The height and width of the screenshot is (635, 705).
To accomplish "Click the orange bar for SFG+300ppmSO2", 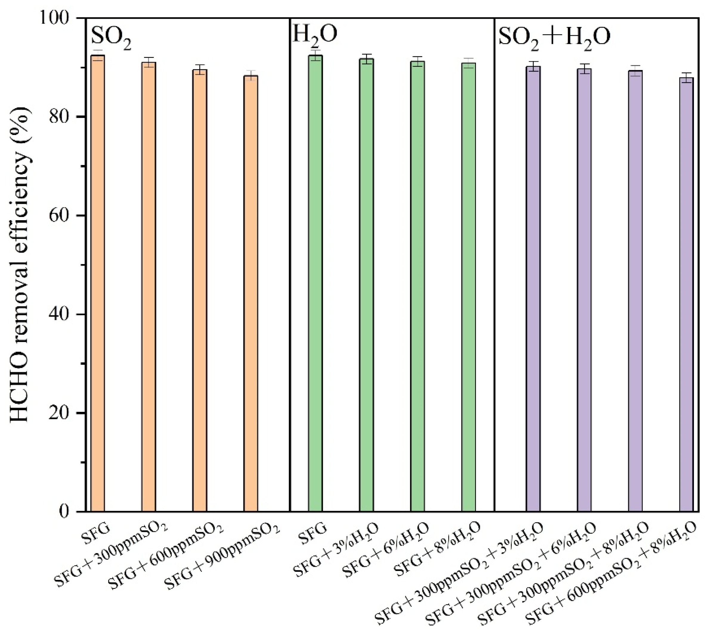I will (x=149, y=286).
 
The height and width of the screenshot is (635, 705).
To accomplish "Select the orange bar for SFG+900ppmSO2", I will (x=251, y=293).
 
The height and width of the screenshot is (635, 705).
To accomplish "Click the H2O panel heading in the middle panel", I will (x=314, y=35).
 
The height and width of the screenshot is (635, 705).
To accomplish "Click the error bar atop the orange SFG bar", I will (x=98, y=55).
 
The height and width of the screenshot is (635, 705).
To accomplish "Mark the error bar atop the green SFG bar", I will (x=315, y=55).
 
